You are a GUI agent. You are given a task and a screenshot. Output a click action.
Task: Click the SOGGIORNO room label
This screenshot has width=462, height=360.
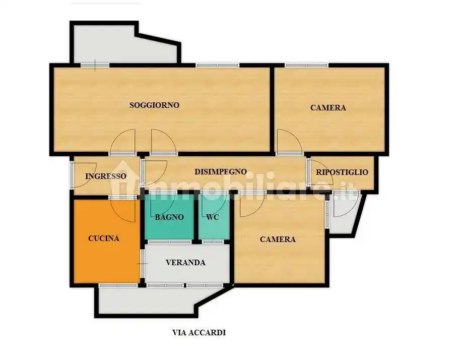click(x=154, y=105)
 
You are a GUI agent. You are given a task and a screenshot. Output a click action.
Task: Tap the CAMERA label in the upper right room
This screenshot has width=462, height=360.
click(x=328, y=107)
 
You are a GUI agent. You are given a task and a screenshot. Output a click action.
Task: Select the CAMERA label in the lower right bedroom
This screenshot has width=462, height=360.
click(x=278, y=239)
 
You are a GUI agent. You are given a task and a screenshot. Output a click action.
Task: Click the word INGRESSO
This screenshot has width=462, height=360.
click(x=106, y=176)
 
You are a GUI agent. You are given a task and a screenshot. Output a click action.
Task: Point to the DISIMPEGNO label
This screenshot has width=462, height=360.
click(x=220, y=171)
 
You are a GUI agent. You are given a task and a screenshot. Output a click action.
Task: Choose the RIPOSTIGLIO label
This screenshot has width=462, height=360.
click(x=342, y=172)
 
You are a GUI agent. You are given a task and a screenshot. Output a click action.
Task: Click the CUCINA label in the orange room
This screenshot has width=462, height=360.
click(x=104, y=238)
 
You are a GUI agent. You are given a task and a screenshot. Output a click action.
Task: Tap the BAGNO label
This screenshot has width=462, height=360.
click(x=169, y=217)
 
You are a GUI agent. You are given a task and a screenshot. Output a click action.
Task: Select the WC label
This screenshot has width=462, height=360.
click(x=213, y=217)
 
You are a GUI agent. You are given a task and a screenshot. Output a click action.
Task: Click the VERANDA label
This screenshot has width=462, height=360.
click(x=185, y=262)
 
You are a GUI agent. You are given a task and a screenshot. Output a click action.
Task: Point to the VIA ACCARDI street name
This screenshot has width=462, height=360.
click(x=199, y=333)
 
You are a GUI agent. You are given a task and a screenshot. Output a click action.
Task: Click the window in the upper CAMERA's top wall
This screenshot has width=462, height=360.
click(x=306, y=65)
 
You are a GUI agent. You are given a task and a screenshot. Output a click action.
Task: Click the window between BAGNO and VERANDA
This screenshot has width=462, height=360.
click(x=170, y=242)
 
